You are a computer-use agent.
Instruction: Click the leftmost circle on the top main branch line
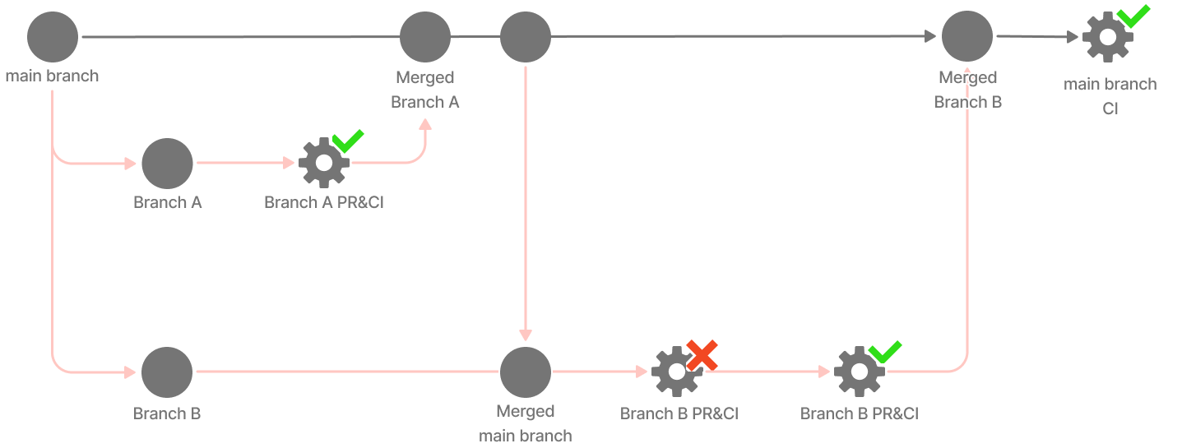pyautogui.click(x=53, y=37)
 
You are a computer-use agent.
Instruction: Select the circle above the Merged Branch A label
pyautogui.click(x=425, y=37)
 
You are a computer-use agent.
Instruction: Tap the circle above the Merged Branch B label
pyautogui.click(x=967, y=37)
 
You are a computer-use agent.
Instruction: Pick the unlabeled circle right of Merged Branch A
pyautogui.click(x=526, y=37)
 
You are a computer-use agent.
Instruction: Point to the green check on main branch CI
pyautogui.click(x=1133, y=15)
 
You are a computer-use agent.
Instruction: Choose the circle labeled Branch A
pyautogui.click(x=167, y=163)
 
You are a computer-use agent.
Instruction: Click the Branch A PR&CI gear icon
pyautogui.click(x=323, y=163)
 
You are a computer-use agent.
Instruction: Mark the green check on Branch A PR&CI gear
pyautogui.click(x=348, y=141)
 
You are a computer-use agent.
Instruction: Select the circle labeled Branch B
pyautogui.click(x=167, y=372)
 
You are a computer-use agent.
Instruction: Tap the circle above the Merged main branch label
pyautogui.click(x=526, y=372)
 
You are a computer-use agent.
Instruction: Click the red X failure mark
pyautogui.click(x=702, y=355)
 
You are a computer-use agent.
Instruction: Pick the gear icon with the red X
pyautogui.click(x=675, y=372)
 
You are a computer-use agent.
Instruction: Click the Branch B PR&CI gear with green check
pyautogui.click(x=859, y=372)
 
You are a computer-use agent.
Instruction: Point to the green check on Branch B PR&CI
pyautogui.click(x=885, y=351)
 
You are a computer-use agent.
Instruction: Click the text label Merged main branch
pyautogui.click(x=526, y=423)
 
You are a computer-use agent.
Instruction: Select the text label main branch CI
pyautogui.click(x=1110, y=95)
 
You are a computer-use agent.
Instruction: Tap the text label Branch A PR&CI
pyautogui.click(x=324, y=202)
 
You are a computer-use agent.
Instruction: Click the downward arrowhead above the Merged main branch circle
pyautogui.click(x=526, y=335)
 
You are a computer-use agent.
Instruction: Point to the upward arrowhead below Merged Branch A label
pyautogui.click(x=425, y=125)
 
